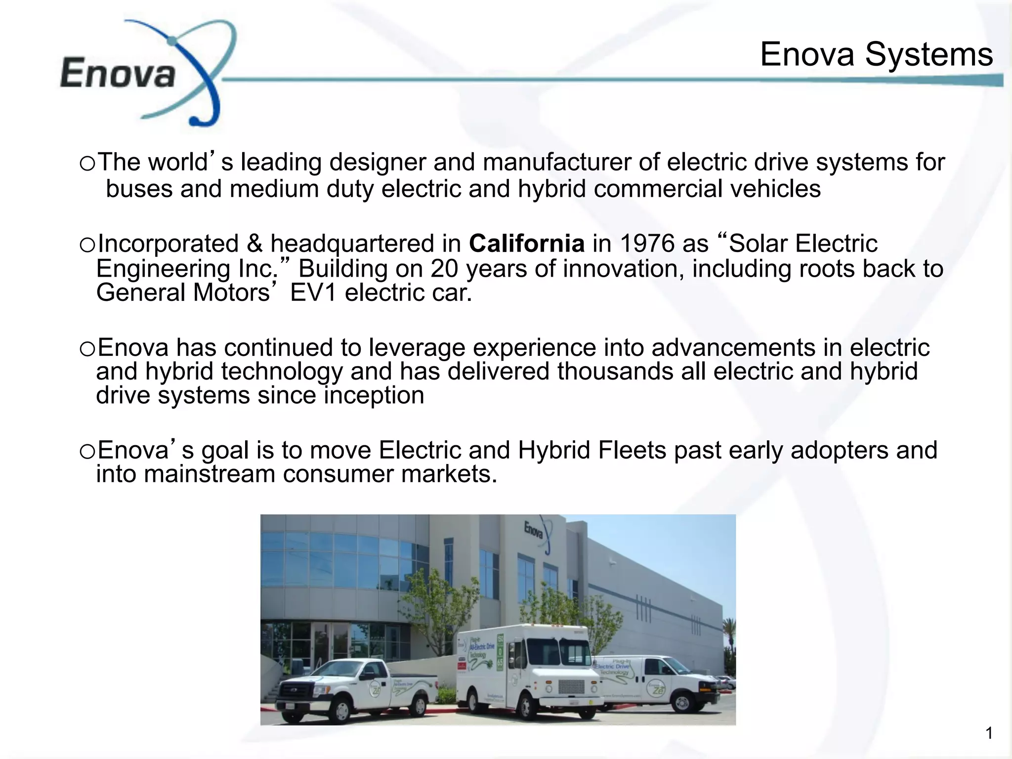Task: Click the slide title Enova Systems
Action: [876, 54]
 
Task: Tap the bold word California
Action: [527, 244]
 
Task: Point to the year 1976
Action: [647, 244]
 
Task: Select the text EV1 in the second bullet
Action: [313, 293]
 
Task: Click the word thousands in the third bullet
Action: [615, 372]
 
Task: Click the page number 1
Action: [989, 733]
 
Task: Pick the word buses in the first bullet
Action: [139, 189]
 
